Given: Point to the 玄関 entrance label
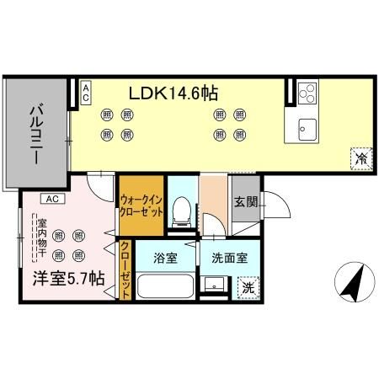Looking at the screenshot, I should (245, 202).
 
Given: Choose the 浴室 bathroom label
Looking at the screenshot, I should (164, 258).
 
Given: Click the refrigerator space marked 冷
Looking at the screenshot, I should (360, 158).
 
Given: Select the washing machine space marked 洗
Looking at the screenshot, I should (248, 287).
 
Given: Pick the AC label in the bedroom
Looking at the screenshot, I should (51, 199).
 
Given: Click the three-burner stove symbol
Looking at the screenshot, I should (307, 93).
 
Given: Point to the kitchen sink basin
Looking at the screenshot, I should (307, 129).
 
